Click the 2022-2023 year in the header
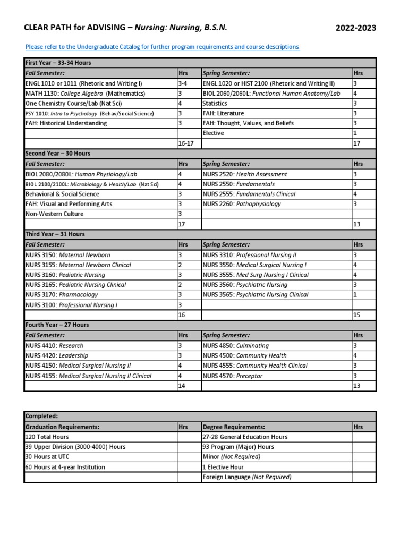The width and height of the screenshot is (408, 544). pyautogui.click(x=355, y=28)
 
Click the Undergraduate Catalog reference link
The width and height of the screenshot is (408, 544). pyautogui.click(x=163, y=47)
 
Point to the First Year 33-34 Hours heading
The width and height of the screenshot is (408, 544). pyautogui.click(x=58, y=63)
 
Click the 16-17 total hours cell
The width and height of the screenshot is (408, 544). pyautogui.click(x=186, y=143)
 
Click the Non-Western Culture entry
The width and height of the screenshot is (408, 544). pyautogui.click(x=54, y=214)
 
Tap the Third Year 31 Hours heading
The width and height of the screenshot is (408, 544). pyautogui.click(x=55, y=234)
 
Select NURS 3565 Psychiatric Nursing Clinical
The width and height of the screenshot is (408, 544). pyautogui.click(x=255, y=295)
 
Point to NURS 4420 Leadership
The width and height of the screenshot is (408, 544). pyautogui.click(x=57, y=356)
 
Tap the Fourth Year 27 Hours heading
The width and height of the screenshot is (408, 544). pyautogui.click(x=57, y=325)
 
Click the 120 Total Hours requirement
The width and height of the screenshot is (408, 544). pyautogui.click(x=47, y=437)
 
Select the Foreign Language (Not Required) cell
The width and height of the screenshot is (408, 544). pyautogui.click(x=246, y=477)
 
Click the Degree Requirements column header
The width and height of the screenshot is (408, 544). pyautogui.click(x=234, y=427)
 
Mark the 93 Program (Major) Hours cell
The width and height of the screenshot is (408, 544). pyautogui.click(x=238, y=447)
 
